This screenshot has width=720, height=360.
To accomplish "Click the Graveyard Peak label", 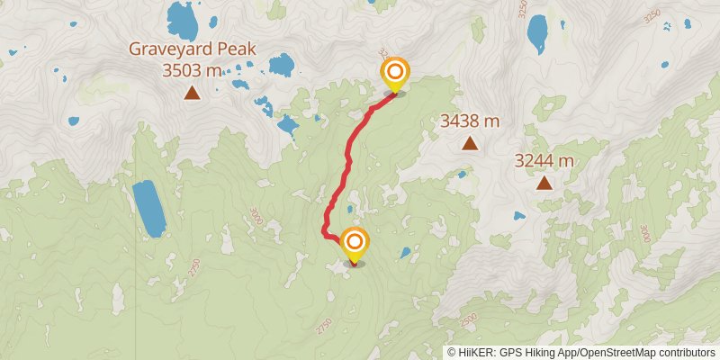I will [192, 49].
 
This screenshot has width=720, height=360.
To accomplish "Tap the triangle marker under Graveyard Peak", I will [192, 92].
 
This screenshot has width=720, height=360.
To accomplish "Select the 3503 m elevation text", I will [192, 69].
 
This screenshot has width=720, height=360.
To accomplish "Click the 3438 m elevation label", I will [469, 121].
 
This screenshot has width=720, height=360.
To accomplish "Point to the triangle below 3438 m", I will [469, 143].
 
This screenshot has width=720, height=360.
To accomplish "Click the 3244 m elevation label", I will [544, 161].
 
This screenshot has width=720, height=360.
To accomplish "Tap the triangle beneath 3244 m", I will [544, 184].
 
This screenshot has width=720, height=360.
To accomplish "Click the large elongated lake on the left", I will [148, 208].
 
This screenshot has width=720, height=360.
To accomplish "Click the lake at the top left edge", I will [183, 17].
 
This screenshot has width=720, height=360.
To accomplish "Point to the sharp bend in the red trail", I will [325, 234].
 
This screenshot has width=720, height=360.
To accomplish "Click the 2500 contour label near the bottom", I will [467, 320].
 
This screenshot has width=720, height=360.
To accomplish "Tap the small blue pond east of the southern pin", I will [406, 253].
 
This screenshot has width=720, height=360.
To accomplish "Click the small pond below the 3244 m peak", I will [519, 216].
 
